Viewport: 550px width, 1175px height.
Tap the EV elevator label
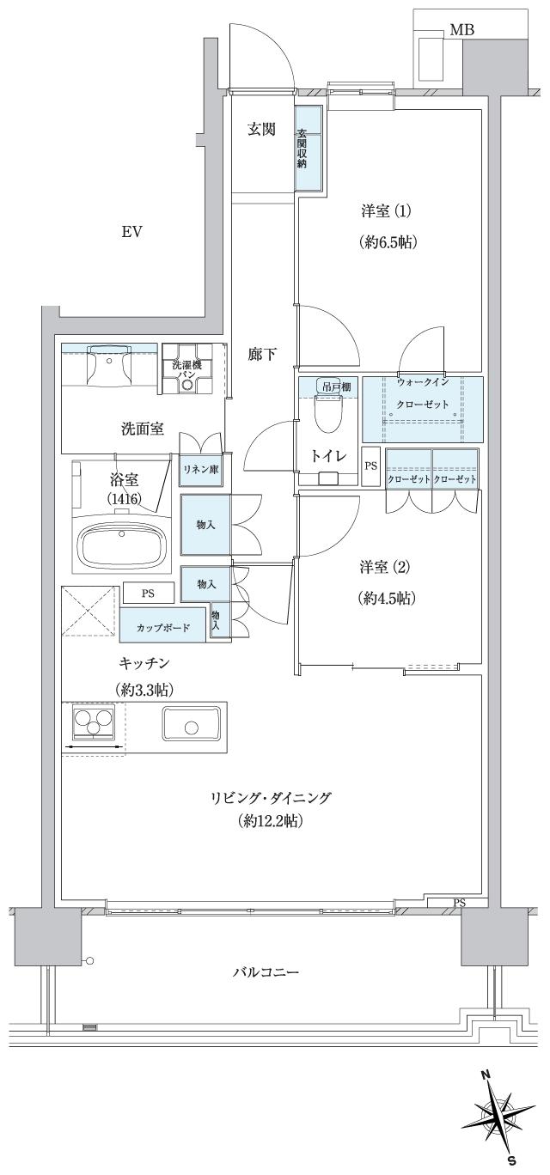tap(131, 232)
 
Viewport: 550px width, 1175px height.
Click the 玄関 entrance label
tap(261, 130)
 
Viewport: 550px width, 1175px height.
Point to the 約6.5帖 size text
tap(388, 242)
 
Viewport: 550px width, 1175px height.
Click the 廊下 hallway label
tap(261, 354)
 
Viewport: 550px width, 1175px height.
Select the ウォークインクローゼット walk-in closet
tap(422, 408)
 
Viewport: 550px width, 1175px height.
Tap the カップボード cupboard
tap(163, 624)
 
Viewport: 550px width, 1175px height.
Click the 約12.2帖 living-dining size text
tap(271, 822)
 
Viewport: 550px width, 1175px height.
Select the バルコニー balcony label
tap(265, 973)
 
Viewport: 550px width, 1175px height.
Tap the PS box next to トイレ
tap(370, 467)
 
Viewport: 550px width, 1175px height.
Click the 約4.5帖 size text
tap(388, 598)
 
